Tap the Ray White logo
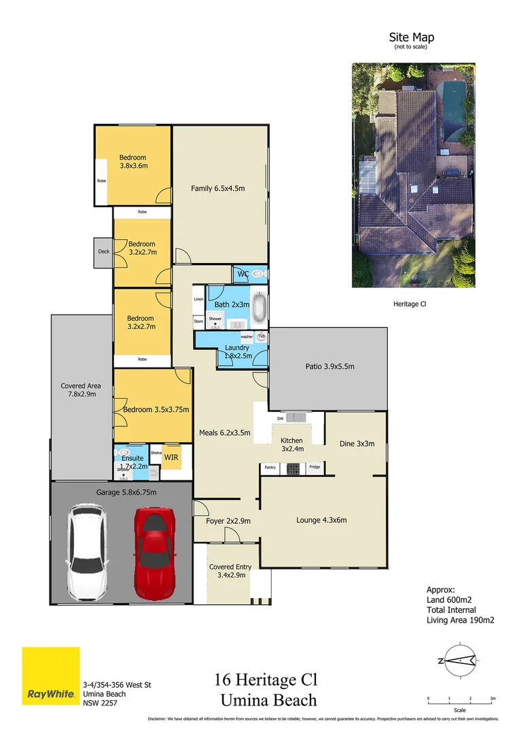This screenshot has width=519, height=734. (50, 676)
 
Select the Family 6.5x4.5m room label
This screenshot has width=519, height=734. (217, 188)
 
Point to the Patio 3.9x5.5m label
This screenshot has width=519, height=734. (329, 366)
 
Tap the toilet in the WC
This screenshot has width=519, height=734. (257, 274)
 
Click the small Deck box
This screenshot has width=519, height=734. (103, 251)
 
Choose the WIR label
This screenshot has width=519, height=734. (171, 457)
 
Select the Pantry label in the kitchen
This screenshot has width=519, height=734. (270, 468)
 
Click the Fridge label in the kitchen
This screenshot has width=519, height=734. (314, 468)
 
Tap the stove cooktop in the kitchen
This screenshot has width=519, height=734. (292, 468)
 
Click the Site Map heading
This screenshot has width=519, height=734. (411, 37)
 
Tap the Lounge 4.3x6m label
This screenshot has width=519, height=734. (321, 520)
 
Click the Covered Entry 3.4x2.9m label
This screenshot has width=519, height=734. (230, 570)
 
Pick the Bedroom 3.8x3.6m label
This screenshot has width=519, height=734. (133, 161)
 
